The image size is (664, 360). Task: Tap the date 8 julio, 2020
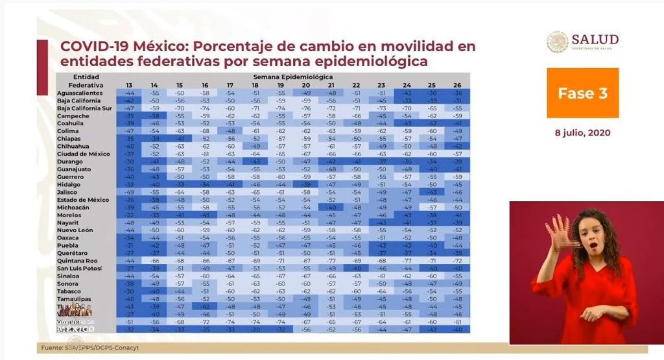(582, 132)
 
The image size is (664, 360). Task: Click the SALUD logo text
(595, 41)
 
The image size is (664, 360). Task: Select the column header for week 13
(129, 85)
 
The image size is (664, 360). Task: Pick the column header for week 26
(457, 85)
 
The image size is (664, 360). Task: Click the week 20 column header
(305, 85)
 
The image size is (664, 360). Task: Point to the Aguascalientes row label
(80, 93)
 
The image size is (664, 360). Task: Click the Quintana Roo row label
(78, 260)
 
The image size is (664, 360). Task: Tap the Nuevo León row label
(76, 230)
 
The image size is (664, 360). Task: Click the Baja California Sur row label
(85, 108)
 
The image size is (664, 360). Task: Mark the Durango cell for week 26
(457, 162)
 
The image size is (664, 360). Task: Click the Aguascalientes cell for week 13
(129, 93)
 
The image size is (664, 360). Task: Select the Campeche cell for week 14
(154, 116)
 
